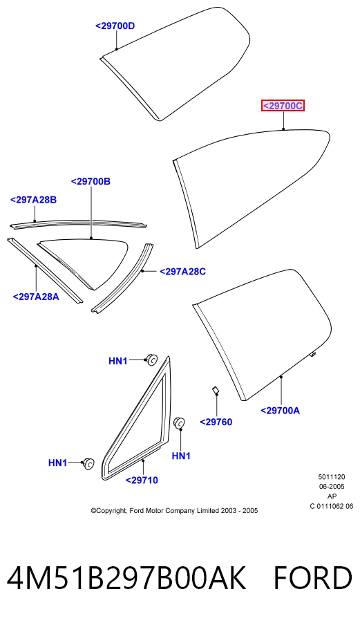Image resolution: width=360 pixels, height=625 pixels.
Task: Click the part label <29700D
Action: click(115, 26)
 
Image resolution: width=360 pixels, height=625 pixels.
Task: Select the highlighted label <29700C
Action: click(283, 106)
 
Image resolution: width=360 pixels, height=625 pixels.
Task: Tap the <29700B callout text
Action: click(91, 181)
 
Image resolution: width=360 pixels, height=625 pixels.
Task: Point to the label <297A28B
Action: click(33, 200)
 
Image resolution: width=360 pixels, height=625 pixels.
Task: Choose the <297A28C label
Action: click(183, 272)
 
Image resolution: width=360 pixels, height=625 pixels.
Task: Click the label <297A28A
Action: click(36, 297)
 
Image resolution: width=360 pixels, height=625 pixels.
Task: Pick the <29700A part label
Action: click(280, 411)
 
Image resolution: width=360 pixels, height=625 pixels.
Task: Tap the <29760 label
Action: click(216, 422)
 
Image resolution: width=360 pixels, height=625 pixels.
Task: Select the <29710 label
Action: click(142, 481)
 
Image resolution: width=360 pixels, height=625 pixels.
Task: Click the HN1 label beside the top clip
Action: click(118, 361)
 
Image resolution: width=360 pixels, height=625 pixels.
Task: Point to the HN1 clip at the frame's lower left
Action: click(88, 464)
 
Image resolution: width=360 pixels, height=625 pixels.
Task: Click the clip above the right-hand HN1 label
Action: click(180, 422)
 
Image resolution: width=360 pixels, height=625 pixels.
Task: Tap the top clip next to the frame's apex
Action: click(152, 359)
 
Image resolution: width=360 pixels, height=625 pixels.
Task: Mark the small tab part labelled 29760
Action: click(215, 390)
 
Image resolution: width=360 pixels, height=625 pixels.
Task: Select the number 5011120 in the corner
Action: click(332, 477)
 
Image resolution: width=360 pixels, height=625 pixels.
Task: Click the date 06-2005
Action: click(332, 486)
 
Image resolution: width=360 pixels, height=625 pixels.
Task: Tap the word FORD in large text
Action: click(313, 578)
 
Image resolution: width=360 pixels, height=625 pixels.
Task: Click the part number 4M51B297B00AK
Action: click(126, 578)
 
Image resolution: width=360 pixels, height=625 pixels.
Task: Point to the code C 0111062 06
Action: click(332, 506)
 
